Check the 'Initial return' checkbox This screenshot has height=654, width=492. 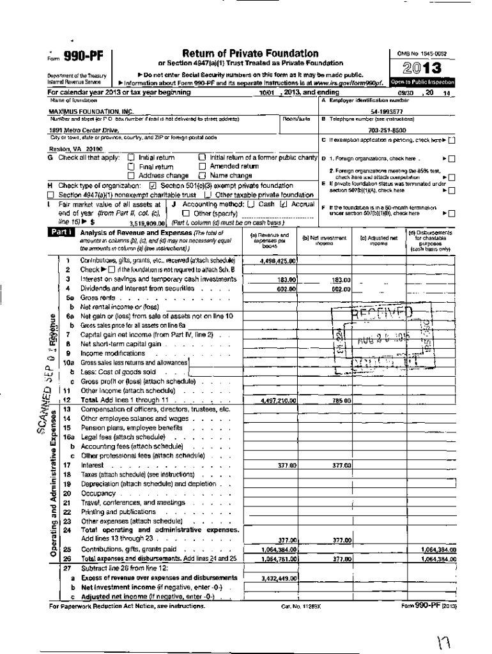click(132, 157)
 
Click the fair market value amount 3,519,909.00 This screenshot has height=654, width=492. click(148, 223)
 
